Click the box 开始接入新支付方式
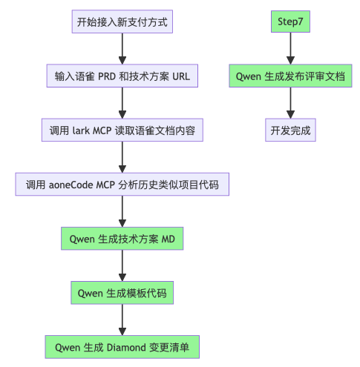[122, 22]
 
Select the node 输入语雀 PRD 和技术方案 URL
[122, 76]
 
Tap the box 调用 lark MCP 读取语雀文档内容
[122, 130]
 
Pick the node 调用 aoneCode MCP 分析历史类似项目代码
[122, 185]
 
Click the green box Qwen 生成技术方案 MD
[122, 239]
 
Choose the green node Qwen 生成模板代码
[122, 293]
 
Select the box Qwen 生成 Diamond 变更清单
[122, 346]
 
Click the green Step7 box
[289, 22]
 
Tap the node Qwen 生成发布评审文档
[289, 76]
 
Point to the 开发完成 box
[289, 130]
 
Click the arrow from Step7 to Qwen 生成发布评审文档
[289, 49]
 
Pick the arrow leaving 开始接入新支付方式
[122, 49]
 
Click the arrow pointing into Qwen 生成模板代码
[122, 265]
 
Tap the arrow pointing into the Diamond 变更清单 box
[122, 320]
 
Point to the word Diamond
[132, 346]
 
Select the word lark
[82, 130]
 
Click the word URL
[181, 76]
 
